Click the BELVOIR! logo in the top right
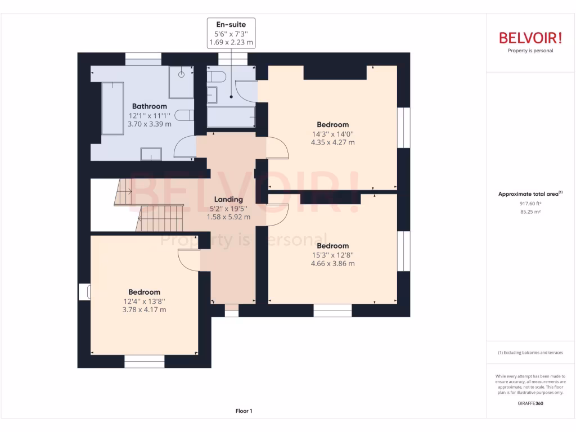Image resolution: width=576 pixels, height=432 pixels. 530,38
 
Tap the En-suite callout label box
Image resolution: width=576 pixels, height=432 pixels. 231,33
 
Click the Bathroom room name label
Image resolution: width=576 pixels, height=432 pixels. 150,106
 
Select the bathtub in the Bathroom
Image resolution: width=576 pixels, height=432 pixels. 112,108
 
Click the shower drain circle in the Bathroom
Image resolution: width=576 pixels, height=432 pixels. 182,74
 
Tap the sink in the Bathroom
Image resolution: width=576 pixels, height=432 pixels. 151,154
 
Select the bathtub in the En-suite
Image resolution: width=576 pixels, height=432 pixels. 230,118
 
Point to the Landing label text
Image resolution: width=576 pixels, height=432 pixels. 228,199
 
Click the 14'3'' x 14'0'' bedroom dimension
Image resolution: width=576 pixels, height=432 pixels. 332,134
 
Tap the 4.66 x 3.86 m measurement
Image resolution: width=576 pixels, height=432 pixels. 332,263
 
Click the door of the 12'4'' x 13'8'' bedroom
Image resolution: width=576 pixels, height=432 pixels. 188,259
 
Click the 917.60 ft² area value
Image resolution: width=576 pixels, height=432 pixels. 530,204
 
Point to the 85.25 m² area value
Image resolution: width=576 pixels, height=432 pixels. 530,212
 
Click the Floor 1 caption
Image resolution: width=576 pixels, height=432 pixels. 244,411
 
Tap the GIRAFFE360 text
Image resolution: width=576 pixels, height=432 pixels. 530,403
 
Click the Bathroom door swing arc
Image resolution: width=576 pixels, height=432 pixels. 184,148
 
